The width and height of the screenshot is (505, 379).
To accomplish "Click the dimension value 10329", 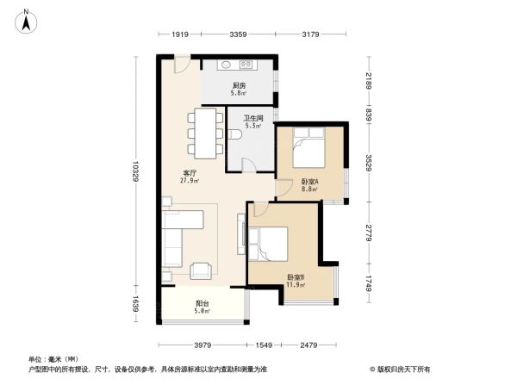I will [x=136, y=176].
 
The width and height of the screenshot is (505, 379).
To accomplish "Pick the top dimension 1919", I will [x=179, y=34].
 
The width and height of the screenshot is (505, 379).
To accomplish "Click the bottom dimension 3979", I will [x=203, y=345].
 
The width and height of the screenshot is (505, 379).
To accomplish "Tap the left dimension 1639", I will [x=136, y=306].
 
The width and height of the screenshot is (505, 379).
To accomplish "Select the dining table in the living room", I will [x=206, y=134].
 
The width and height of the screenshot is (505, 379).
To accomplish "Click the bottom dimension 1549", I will [x=264, y=345].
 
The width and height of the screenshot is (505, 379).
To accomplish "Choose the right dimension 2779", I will [x=368, y=233].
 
